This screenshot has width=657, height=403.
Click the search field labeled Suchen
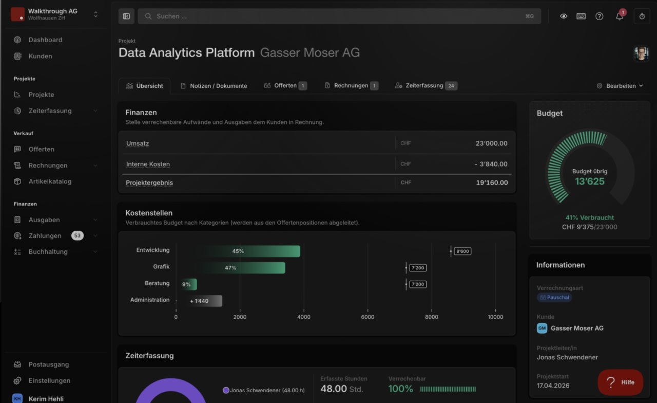[x=339, y=16]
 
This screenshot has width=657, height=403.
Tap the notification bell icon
[x=619, y=16]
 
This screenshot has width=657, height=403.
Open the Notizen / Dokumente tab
[x=214, y=86]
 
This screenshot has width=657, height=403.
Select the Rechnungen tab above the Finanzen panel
[x=352, y=85]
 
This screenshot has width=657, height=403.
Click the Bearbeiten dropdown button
[x=620, y=86]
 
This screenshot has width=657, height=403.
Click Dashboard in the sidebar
[x=46, y=40]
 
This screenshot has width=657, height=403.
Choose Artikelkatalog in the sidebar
[x=50, y=181]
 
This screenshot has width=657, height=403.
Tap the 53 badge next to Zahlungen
[x=78, y=235]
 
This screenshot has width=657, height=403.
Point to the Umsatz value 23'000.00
[x=491, y=143]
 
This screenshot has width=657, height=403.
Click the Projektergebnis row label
[x=149, y=182]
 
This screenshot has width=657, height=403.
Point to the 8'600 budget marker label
[x=462, y=251]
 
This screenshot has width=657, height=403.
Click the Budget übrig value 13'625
[x=590, y=181]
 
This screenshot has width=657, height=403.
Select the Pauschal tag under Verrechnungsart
[x=554, y=297]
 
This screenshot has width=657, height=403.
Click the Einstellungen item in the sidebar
[x=49, y=380]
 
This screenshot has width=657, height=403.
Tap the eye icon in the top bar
[x=564, y=16]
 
